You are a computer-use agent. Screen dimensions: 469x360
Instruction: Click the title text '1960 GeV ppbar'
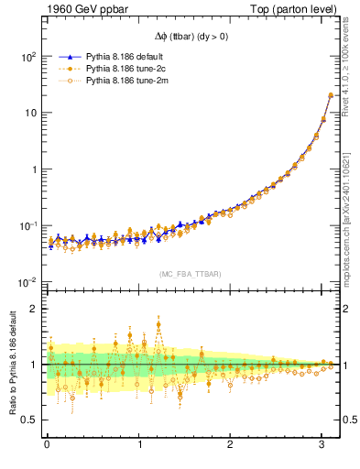[80, 11]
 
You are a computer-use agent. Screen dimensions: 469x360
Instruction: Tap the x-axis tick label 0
[47, 445]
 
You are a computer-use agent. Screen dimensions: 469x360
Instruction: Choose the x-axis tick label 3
[323, 445]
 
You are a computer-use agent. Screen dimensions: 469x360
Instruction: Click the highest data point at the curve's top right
[331, 95]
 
